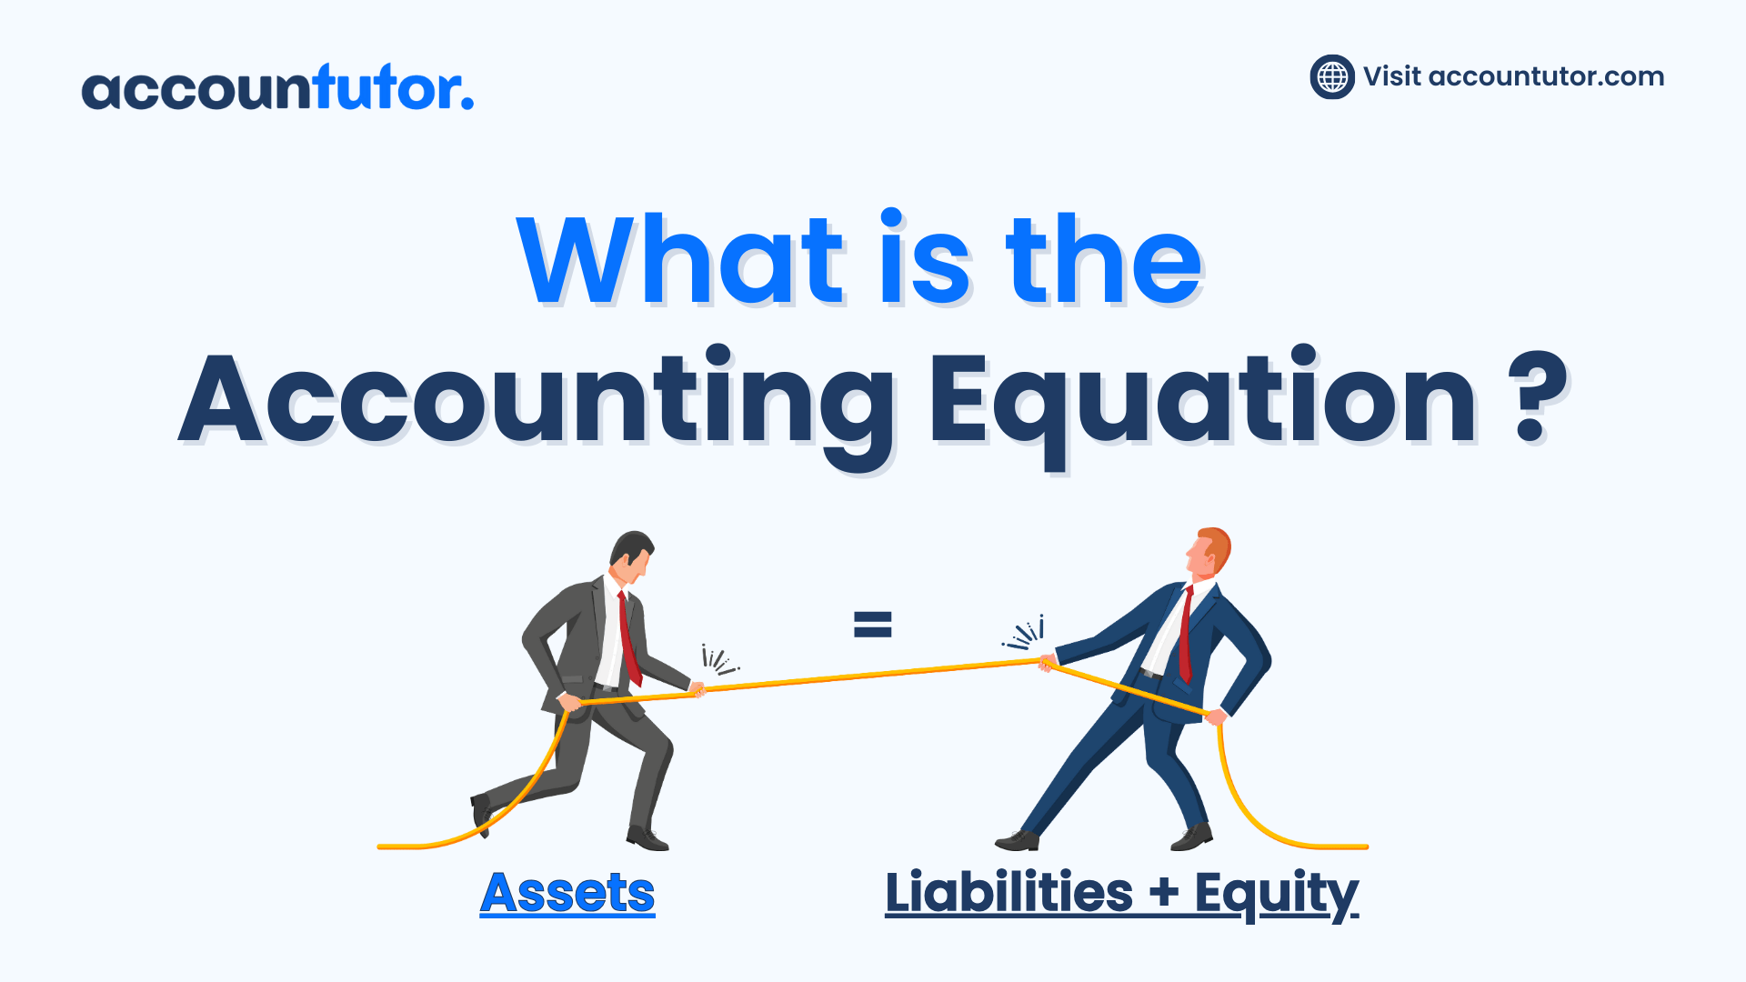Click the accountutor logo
coord(277,87)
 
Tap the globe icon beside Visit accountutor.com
coord(1332,76)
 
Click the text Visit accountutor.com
coord(1513,76)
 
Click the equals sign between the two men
coord(873,624)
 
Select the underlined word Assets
coord(567,893)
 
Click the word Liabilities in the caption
coord(1009,891)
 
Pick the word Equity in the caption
coord(1276,895)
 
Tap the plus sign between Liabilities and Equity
coord(1164,893)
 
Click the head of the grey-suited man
coord(631,556)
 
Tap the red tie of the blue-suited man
coord(1186,635)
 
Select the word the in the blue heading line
coord(1104,259)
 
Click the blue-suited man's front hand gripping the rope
coord(1048,662)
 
